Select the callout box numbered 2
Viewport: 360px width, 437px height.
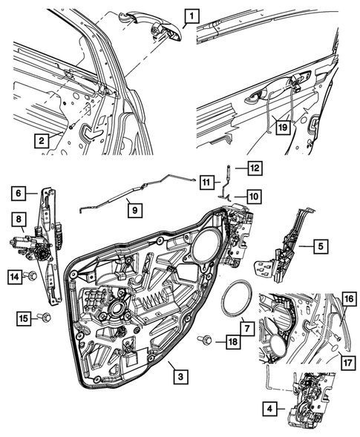(x=44, y=139)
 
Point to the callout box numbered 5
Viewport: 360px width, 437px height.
(x=320, y=246)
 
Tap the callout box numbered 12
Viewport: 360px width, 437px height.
(x=254, y=168)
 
